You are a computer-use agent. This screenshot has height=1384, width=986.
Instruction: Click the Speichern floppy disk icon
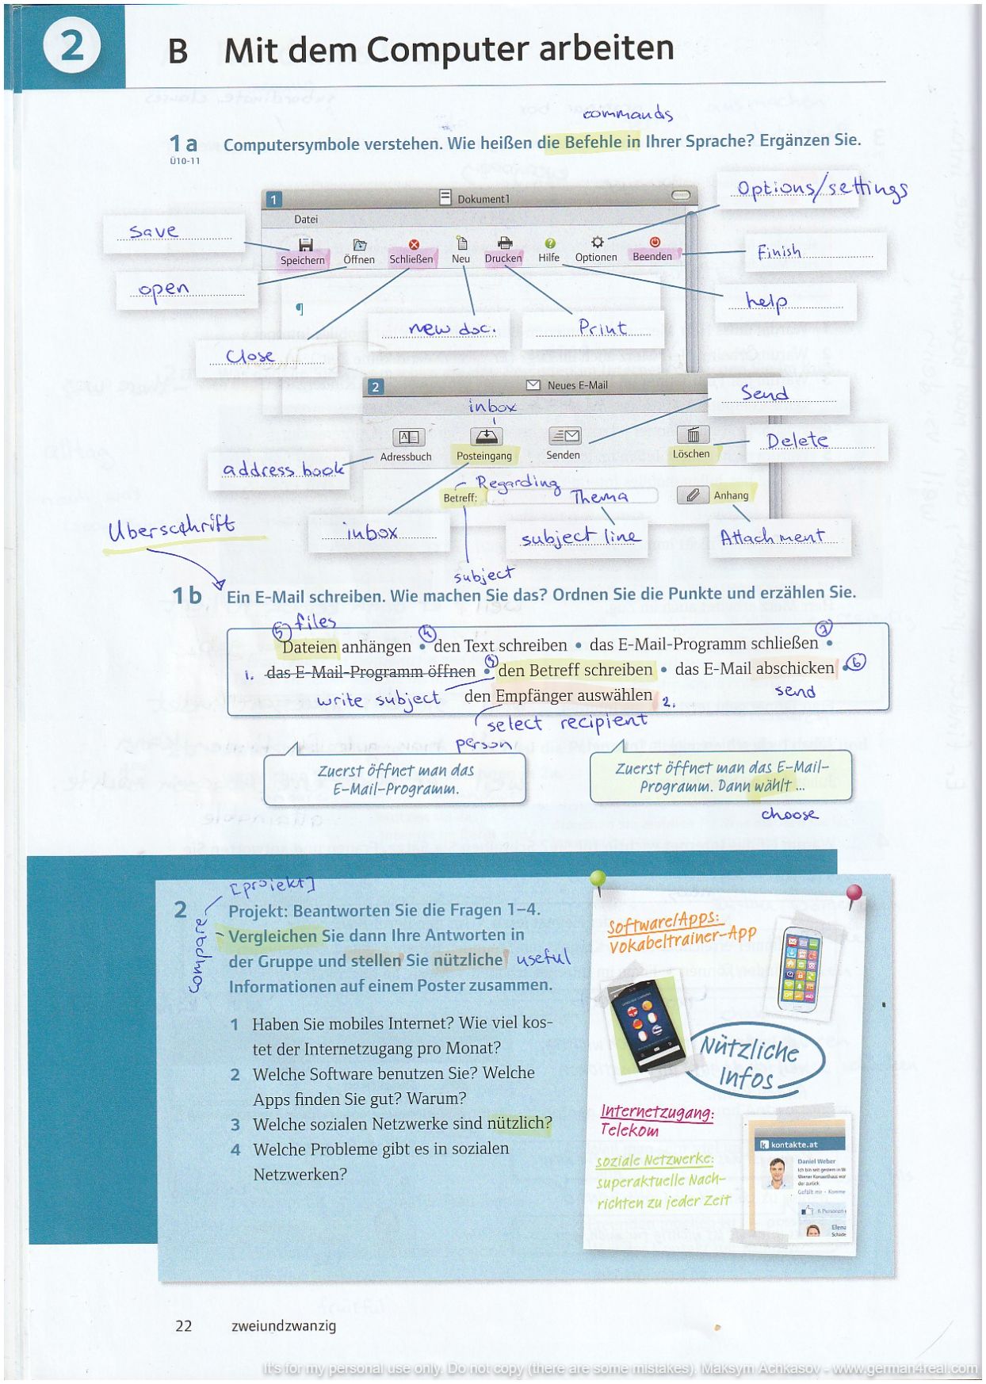point(305,244)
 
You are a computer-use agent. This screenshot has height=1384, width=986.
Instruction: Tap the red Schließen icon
point(413,245)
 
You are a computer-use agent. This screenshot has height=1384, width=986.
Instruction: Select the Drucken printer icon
point(504,243)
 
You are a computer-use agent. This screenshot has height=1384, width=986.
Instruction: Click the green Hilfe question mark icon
point(549,243)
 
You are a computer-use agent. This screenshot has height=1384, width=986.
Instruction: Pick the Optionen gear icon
point(597,243)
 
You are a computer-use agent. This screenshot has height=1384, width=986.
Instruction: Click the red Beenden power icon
point(654,243)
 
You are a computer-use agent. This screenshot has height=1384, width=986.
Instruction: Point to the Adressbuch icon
point(408,437)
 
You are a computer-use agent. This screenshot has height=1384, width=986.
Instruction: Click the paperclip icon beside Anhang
point(692,495)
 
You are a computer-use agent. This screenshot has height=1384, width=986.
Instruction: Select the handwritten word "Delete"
point(797,441)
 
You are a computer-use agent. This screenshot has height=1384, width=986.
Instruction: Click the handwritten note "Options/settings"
point(821,189)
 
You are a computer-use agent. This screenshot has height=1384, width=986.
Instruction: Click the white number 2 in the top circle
point(71,45)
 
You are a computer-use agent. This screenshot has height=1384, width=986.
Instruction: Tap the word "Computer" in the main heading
point(449,50)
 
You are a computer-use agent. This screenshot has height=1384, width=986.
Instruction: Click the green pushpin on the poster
point(598,879)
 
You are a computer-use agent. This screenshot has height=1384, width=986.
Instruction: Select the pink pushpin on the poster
point(854,893)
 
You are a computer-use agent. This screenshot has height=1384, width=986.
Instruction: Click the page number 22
point(184,1325)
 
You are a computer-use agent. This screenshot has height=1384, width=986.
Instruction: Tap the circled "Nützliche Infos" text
point(750,1062)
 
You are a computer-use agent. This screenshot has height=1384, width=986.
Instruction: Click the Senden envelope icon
point(564,435)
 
